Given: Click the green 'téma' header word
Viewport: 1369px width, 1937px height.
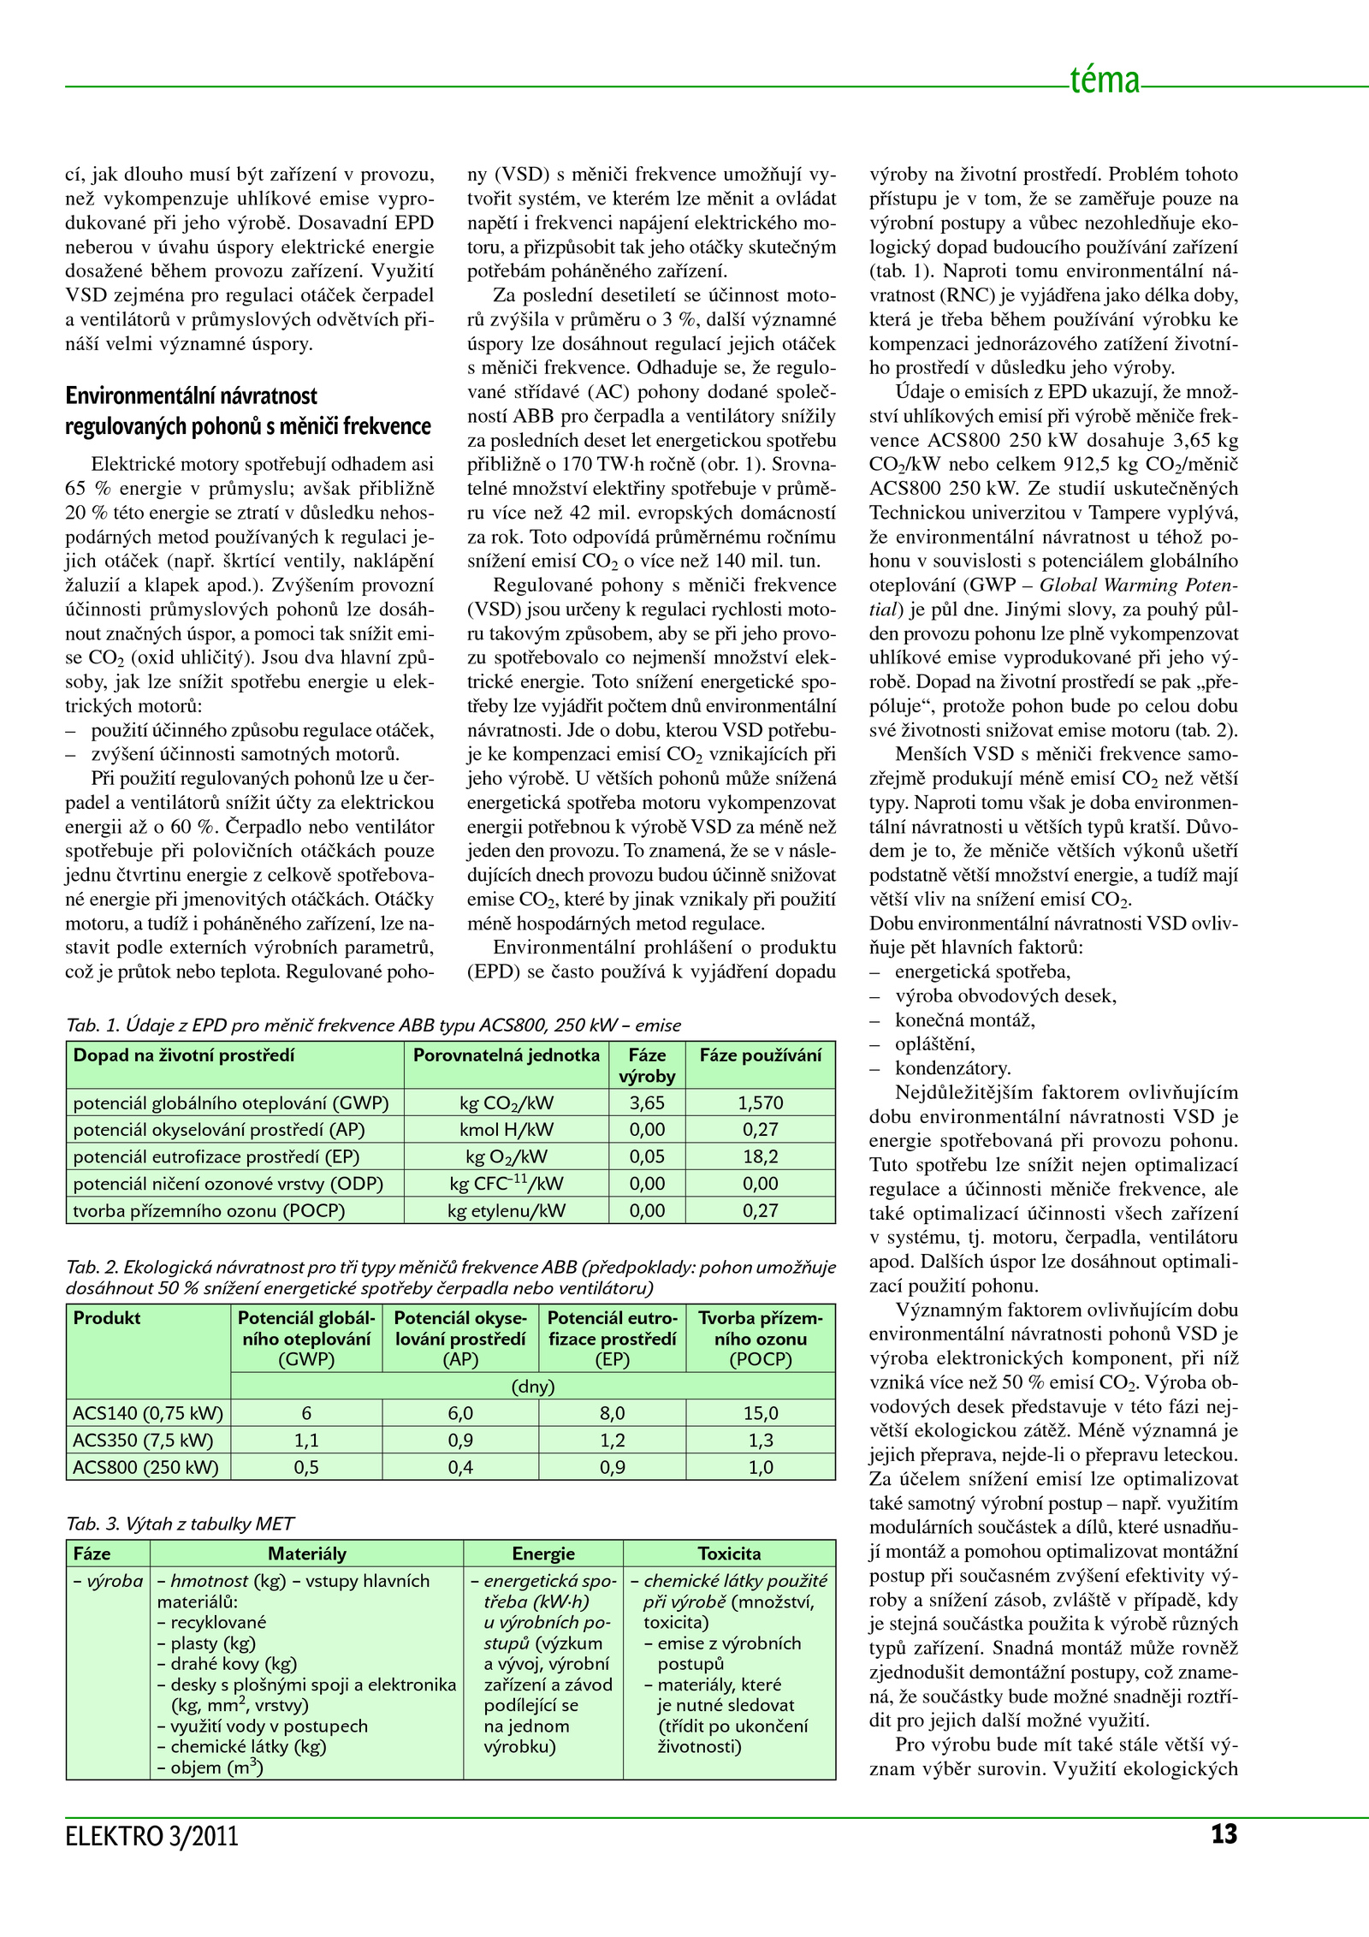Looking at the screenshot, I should point(1105,80).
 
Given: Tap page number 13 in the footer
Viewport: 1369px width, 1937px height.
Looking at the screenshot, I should point(1224,1833).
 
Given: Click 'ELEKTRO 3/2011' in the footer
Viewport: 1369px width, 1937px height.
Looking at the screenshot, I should point(151,1836).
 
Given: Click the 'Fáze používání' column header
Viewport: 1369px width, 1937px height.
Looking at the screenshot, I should point(760,1055).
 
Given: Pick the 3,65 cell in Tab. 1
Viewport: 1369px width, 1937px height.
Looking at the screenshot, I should point(647,1102).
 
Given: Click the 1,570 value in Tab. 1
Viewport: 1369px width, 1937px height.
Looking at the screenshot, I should point(760,1102).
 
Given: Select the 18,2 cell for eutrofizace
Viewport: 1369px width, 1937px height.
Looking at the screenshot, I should point(760,1156).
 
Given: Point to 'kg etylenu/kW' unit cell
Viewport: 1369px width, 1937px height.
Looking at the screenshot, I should point(506,1210).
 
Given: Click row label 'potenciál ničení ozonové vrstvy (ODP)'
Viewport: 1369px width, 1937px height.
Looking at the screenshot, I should point(228,1184).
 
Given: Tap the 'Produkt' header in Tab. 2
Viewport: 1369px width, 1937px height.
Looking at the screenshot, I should point(106,1318).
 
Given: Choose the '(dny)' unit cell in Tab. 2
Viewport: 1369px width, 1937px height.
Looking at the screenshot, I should point(532,1387).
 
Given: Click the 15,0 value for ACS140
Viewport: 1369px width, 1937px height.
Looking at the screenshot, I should point(760,1413).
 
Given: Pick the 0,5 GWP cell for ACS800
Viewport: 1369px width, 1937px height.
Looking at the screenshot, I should point(306,1467).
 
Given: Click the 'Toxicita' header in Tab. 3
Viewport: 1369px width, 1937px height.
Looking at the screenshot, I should point(729,1554).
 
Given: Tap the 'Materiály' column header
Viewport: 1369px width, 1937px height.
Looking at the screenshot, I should point(306,1554).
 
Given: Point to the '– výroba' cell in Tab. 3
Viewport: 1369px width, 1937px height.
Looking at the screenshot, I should point(108,1581).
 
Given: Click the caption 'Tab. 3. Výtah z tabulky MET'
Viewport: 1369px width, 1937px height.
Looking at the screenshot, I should point(180,1524).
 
